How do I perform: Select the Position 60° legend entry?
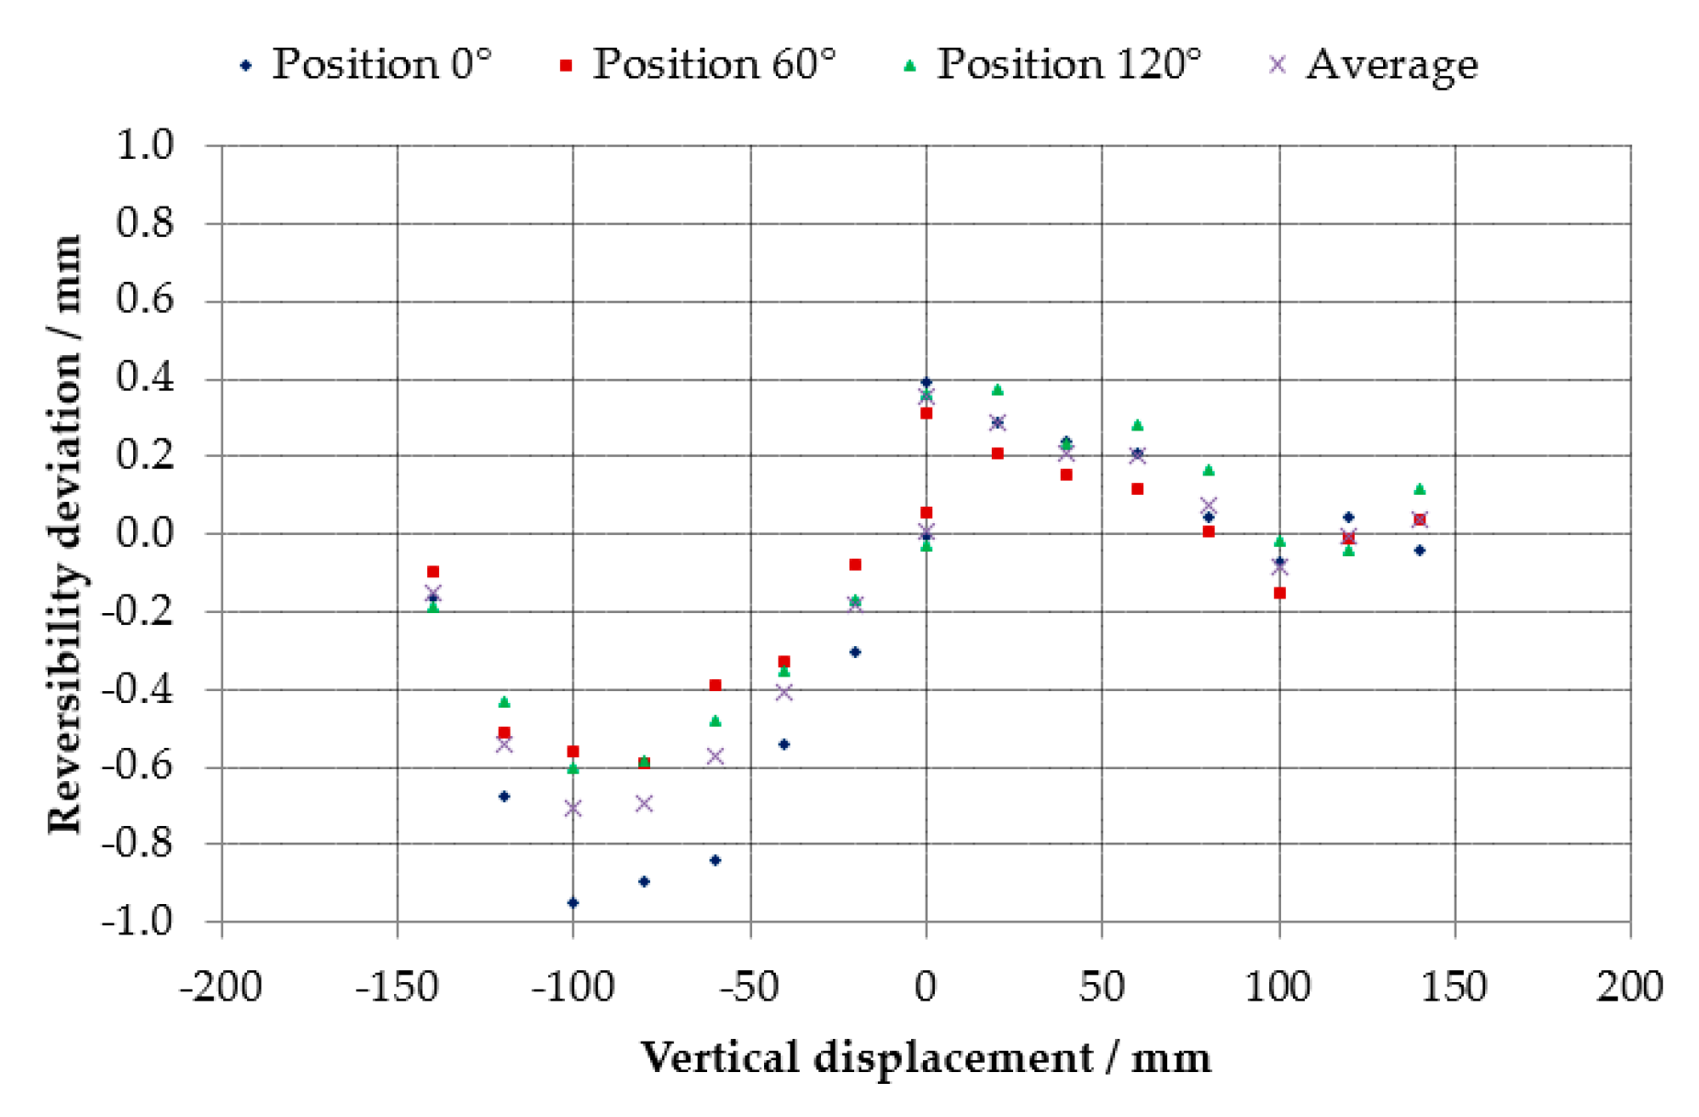pos(698,64)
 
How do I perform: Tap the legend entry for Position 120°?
pos(1052,64)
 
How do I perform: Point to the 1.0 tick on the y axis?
pos(144,145)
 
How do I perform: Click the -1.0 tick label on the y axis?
pos(137,921)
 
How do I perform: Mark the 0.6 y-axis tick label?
pos(144,300)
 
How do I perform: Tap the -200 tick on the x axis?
pos(220,988)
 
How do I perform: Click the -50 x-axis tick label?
pos(749,988)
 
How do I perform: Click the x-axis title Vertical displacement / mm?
pos(926,1057)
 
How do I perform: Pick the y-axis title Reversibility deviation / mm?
pos(64,533)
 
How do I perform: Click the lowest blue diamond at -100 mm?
pos(573,902)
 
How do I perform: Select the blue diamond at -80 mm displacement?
pos(644,881)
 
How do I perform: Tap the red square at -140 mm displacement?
pos(433,572)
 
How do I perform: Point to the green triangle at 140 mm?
pos(1419,488)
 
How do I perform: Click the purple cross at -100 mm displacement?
pos(573,808)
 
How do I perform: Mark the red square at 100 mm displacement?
pos(1279,593)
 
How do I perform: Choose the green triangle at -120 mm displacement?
pos(503,702)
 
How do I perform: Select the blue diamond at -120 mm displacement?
pos(503,796)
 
